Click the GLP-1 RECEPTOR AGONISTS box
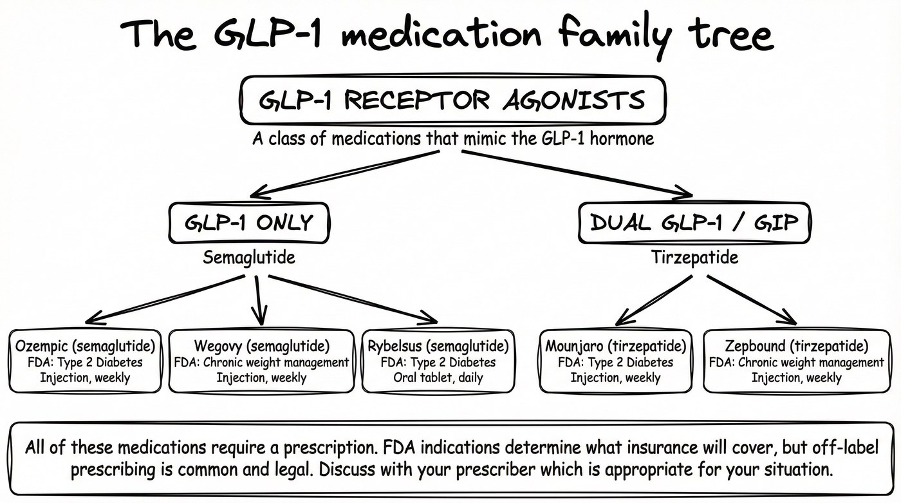[x=452, y=100]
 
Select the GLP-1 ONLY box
[x=248, y=223]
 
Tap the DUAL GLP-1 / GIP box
[x=694, y=223]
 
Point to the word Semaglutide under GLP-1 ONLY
[x=249, y=258]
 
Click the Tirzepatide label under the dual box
[x=694, y=258]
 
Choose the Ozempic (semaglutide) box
[x=86, y=361]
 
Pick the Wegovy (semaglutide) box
[x=261, y=361]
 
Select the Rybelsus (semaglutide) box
[x=439, y=361]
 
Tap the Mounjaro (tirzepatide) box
[x=615, y=361]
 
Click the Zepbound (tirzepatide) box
[x=796, y=361]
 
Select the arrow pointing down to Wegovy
[x=259, y=300]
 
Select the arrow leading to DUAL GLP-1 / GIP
[x=576, y=173]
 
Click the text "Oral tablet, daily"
[x=438, y=377]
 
